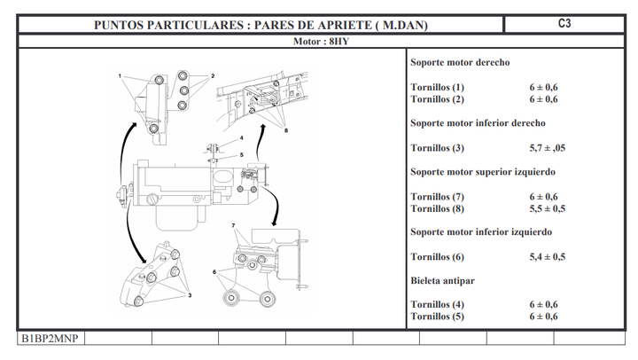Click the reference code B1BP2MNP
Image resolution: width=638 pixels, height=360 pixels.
tap(50, 339)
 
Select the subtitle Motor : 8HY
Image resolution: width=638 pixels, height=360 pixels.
tap(321, 42)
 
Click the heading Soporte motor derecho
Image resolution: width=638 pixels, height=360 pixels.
tap(460, 63)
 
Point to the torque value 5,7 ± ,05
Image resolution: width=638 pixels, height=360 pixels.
tap(547, 147)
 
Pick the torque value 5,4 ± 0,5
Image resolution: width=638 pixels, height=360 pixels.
tap(547, 256)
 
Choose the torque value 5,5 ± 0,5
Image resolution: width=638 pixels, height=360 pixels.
tap(547, 208)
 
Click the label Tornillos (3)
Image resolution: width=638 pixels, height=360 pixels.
tap(437, 147)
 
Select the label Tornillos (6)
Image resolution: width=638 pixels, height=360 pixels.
tap(437, 256)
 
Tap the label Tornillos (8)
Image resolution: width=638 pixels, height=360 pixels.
tap(437, 208)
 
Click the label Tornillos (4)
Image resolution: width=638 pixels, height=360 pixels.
tap(437, 304)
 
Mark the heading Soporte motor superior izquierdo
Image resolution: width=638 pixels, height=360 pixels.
tap(483, 171)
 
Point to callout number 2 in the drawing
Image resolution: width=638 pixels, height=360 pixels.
tap(213, 77)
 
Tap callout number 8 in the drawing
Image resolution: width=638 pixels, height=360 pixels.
tap(286, 130)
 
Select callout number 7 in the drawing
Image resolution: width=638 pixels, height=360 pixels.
tap(233, 226)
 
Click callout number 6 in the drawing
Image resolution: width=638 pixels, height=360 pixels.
tap(214, 271)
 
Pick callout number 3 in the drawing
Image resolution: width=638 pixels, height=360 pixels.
tap(189, 295)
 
